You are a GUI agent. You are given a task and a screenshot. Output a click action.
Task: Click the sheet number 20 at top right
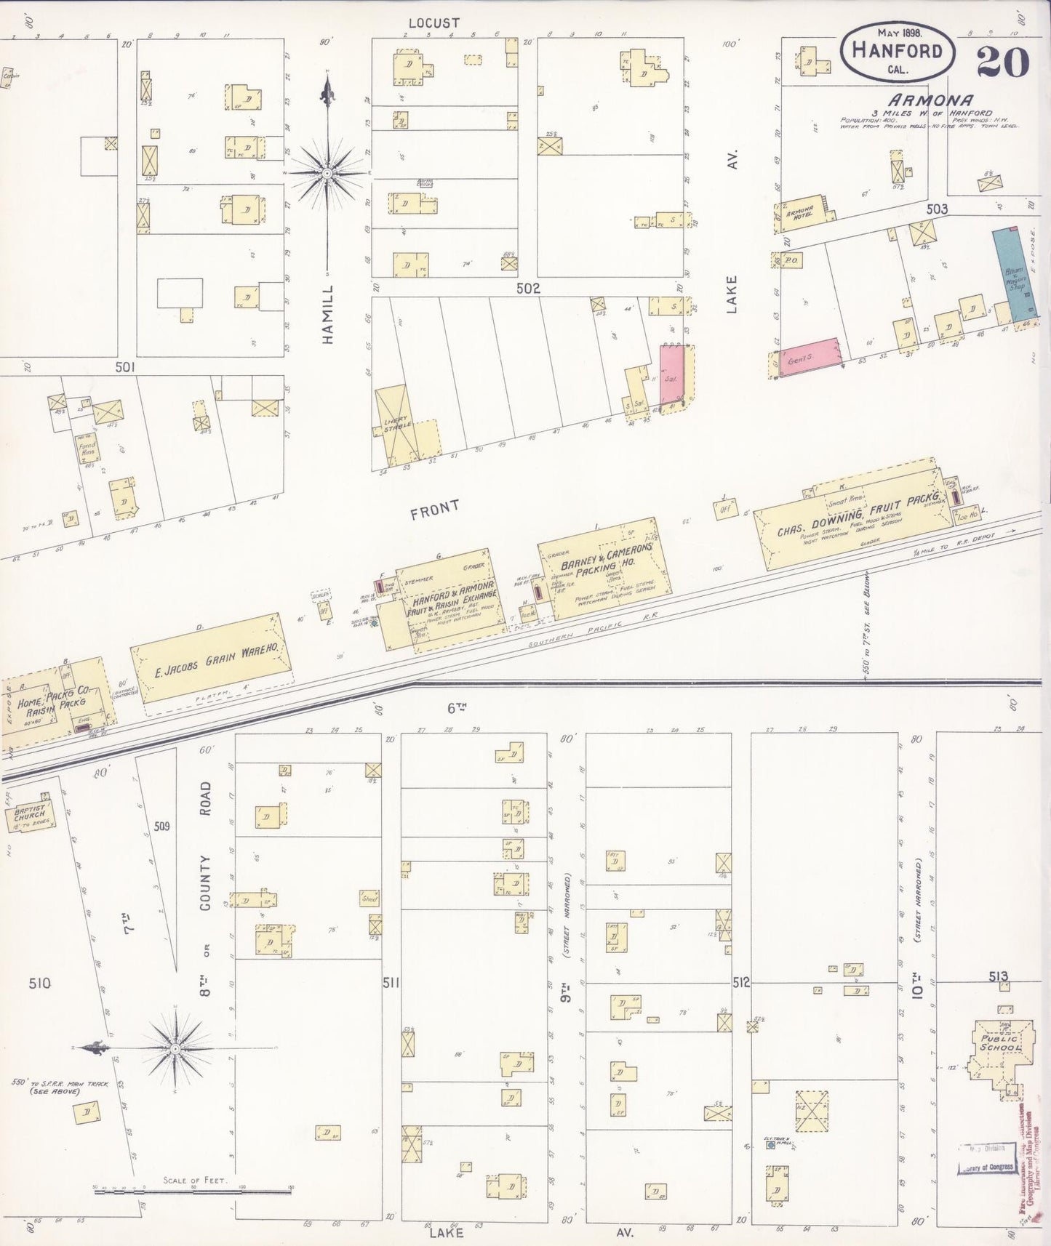click(1002, 62)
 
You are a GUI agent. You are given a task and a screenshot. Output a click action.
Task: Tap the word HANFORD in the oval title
click(897, 51)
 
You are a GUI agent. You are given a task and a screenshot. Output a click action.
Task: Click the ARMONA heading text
click(930, 100)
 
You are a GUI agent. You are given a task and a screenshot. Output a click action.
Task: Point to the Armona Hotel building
click(800, 213)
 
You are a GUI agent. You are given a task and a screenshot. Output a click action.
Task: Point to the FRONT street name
click(434, 510)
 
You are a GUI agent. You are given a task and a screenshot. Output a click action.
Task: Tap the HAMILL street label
click(328, 314)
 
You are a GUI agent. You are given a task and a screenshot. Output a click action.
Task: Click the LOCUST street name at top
click(433, 23)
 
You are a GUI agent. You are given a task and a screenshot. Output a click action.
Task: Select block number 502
click(528, 288)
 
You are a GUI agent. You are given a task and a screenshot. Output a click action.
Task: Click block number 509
click(161, 826)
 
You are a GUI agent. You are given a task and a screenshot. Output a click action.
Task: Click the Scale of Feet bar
click(193, 1191)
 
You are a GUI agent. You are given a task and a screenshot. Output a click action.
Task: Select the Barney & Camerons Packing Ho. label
click(607, 563)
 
